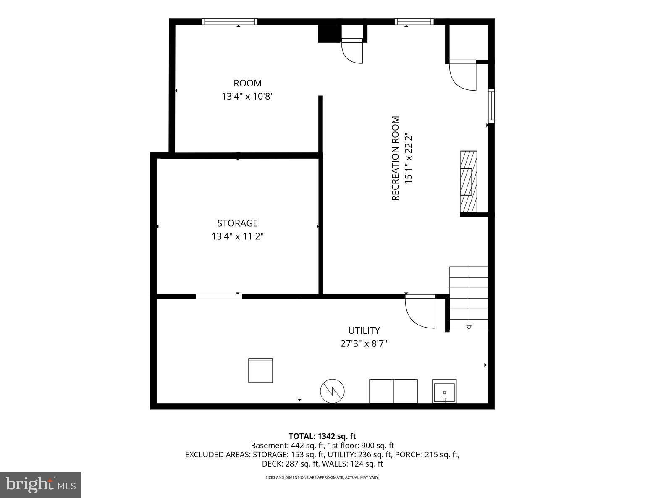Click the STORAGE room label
[237, 223]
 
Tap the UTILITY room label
[364, 330]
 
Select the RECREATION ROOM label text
[395, 158]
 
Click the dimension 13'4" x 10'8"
[248, 97]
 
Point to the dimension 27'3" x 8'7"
[364, 344]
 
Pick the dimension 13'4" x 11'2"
[237, 236]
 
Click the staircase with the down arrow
[469, 298]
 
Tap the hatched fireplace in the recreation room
[469, 181]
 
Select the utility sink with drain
[444, 391]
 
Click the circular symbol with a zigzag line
[332, 391]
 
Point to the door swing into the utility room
[420, 311]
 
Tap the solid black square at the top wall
[328, 34]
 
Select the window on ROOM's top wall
[229, 22]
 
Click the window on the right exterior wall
[491, 105]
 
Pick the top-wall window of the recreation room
[414, 22]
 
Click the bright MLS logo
[40, 485]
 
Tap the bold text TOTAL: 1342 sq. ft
[322, 436]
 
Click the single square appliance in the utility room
[260, 370]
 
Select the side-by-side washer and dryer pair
[393, 391]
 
